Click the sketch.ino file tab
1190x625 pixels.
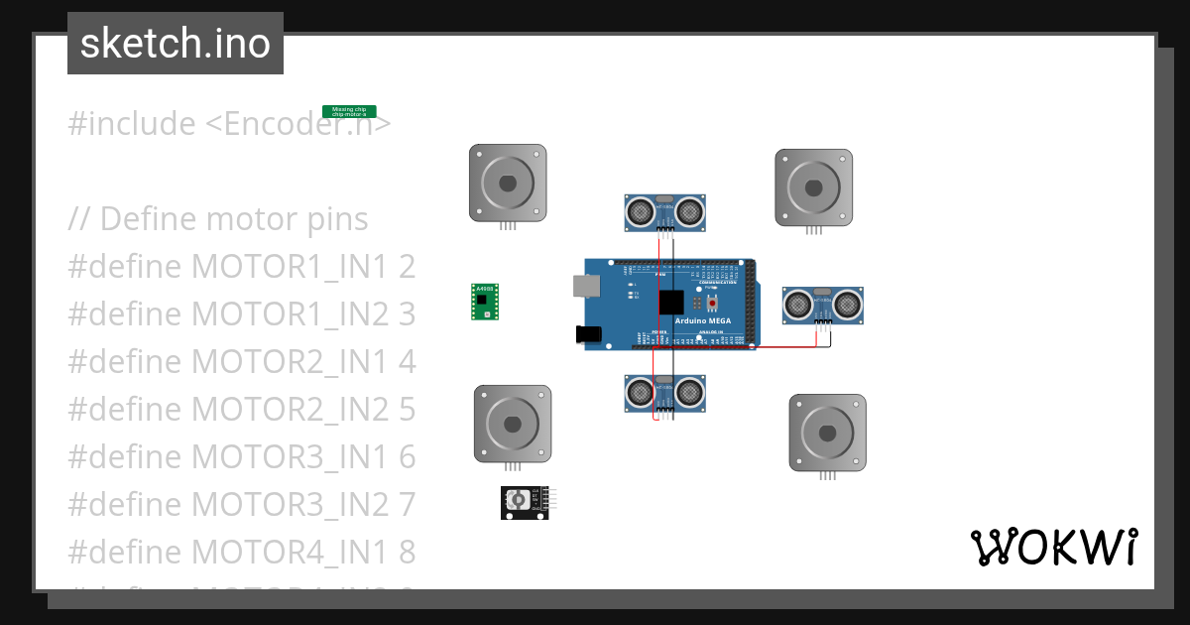[176, 44]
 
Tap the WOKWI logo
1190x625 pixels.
[1053, 548]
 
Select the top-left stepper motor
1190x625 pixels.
[508, 184]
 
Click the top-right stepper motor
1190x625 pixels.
[813, 187]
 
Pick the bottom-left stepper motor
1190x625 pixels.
[512, 424]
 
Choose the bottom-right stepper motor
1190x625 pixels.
[827, 433]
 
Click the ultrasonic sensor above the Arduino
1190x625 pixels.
[663, 210]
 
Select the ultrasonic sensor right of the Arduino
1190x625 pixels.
[822, 304]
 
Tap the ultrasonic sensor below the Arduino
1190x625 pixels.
[663, 393]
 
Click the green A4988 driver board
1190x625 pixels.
[484, 302]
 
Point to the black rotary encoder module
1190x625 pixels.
[524, 502]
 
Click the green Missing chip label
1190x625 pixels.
[349, 112]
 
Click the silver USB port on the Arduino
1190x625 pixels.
[586, 286]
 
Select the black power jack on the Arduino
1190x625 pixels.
[589, 334]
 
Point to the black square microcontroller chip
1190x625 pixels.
[670, 303]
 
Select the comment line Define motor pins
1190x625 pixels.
[218, 218]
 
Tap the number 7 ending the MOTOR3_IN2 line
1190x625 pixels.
[406, 504]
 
